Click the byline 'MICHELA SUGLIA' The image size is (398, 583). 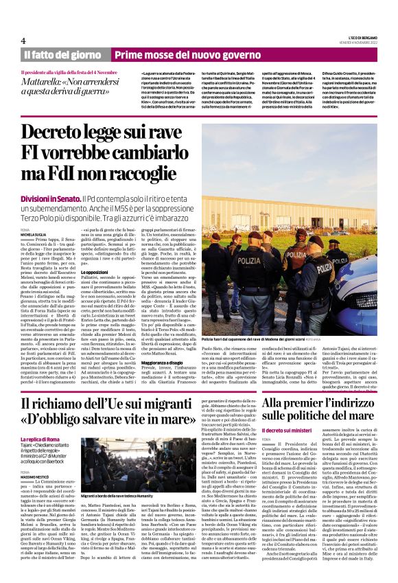33,235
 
